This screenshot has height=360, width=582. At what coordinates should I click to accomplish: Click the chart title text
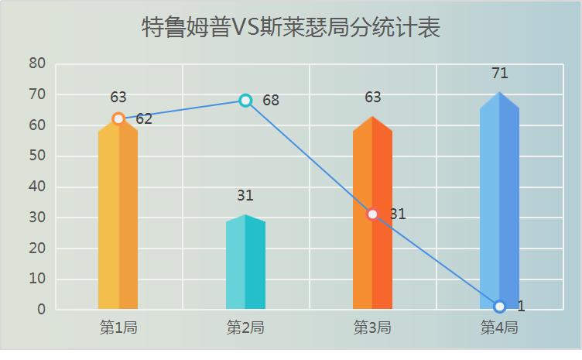pyautogui.click(x=291, y=29)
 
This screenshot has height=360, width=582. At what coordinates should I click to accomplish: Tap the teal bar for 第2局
pyautogui.click(x=245, y=263)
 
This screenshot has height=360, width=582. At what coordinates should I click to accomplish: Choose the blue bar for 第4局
pyautogui.click(x=499, y=201)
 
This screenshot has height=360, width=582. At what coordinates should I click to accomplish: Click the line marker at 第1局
pyautogui.click(x=118, y=118)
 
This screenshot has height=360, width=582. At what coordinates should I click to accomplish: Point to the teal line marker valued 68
pyautogui.click(x=245, y=100)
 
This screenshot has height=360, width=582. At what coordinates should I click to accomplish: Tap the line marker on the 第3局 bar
pyautogui.click(x=372, y=214)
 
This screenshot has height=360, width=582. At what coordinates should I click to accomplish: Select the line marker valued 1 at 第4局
pyautogui.click(x=499, y=307)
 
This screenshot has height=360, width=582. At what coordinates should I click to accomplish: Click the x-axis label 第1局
pyautogui.click(x=118, y=327)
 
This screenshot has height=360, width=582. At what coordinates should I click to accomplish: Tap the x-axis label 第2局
pyautogui.click(x=245, y=327)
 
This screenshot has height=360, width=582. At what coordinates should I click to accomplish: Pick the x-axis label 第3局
pyautogui.click(x=372, y=327)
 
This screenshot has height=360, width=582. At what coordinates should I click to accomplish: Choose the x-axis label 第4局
pyautogui.click(x=499, y=327)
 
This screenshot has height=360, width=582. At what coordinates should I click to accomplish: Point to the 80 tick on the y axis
pyautogui.click(x=38, y=63)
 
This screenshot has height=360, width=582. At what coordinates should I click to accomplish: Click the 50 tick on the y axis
pyautogui.click(x=38, y=156)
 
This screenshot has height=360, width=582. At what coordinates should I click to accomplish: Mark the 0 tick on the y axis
pyautogui.click(x=42, y=310)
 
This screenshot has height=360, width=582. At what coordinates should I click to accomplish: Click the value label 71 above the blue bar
pyautogui.click(x=499, y=74)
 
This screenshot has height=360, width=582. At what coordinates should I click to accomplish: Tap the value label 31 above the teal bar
pyautogui.click(x=245, y=196)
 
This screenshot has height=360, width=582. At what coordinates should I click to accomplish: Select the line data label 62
pyautogui.click(x=144, y=119)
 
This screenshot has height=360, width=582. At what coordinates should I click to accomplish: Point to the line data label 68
pyautogui.click(x=271, y=101)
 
